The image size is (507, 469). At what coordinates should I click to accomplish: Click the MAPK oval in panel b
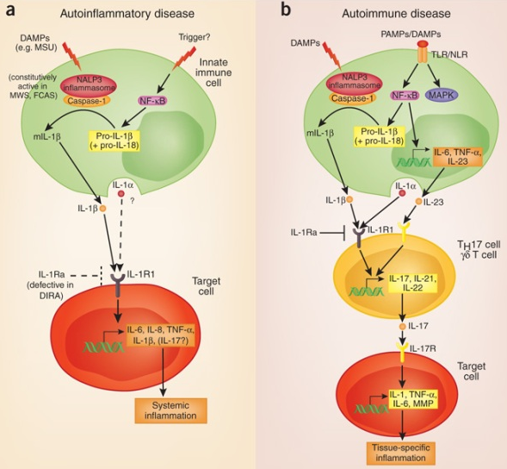442,95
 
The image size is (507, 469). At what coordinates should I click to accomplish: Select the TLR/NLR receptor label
450,54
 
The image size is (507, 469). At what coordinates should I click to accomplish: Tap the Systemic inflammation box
170,410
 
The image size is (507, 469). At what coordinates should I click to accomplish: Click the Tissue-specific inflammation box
400,453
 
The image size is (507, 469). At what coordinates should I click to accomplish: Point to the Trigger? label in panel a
195,38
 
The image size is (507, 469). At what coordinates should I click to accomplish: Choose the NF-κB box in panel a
152,101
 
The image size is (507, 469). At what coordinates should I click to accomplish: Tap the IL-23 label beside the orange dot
433,203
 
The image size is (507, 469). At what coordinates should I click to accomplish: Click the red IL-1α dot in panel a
121,194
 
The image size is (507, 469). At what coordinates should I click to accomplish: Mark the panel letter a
10,9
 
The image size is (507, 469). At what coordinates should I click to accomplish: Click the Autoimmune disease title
396,14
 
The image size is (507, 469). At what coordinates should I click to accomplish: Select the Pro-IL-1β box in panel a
114,141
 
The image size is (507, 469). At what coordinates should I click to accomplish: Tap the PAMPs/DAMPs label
411,34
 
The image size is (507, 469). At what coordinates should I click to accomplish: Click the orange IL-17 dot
402,327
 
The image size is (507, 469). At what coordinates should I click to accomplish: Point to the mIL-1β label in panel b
320,133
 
